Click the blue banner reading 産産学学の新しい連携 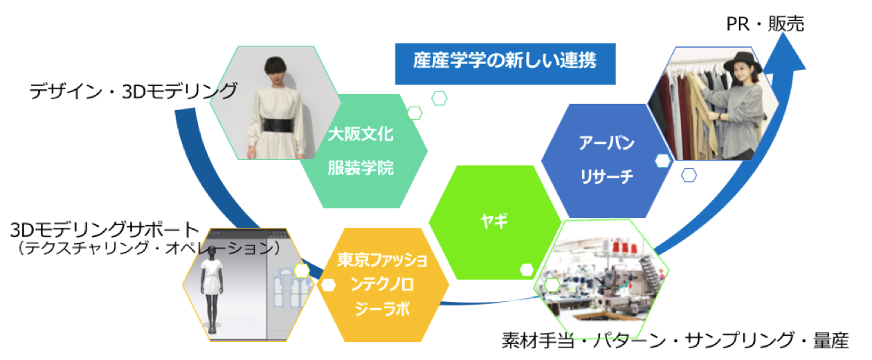point(505,64)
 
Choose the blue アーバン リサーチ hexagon point(606,160)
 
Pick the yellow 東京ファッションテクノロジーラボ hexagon point(383,285)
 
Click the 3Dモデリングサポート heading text point(105,230)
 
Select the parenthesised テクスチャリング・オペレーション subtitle point(149,247)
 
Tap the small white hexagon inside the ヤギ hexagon point(527,270)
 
